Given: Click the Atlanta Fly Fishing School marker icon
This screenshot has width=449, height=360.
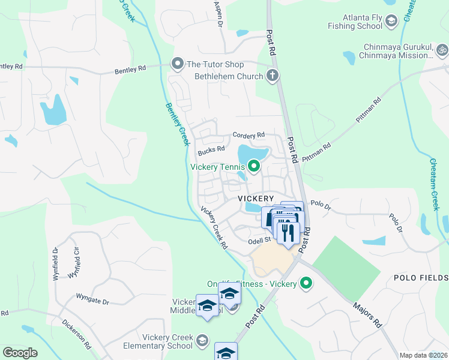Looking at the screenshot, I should click(392, 22).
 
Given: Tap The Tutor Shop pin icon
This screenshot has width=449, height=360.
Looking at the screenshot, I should click(177, 64).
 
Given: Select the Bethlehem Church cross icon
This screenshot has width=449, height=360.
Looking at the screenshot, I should click(273, 76).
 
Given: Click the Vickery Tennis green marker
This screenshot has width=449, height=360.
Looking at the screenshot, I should click(254, 166).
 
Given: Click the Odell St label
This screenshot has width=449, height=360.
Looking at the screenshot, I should click(260, 242).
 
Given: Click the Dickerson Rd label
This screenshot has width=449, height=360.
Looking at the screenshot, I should click(76, 334).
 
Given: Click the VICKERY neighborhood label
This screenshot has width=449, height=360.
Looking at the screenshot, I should click(256, 198).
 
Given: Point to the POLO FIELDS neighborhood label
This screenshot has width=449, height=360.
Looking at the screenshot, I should click(421, 278).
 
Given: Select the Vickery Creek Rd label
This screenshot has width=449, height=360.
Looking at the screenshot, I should click(214, 228).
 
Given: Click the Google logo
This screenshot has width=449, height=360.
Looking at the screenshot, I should click(20, 353).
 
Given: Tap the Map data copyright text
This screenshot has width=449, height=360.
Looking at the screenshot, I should click(423, 355).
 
